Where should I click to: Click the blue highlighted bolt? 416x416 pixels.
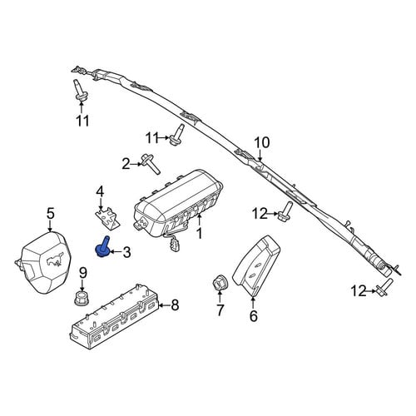pyautogui.click(x=102, y=247)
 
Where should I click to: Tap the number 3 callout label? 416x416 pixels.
pyautogui.click(x=126, y=252)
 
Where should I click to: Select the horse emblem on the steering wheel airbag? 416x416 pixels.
pyautogui.click(x=54, y=260)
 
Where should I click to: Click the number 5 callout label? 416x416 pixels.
pyautogui.click(x=51, y=214)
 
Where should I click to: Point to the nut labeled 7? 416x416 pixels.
pyautogui.click(x=220, y=283)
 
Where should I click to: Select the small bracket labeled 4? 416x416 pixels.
pyautogui.click(x=106, y=219)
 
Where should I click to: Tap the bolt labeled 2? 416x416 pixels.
pyautogui.click(x=151, y=165)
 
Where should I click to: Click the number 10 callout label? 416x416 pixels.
pyautogui.click(x=262, y=143)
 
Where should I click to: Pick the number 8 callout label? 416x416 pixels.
pyautogui.click(x=175, y=305)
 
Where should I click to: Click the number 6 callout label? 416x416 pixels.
pyautogui.click(x=254, y=316)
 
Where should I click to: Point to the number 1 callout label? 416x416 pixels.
pyautogui.click(x=199, y=234)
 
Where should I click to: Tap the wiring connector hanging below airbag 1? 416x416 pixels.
pyautogui.click(x=172, y=245)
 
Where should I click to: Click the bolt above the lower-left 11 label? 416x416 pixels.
pyautogui.click(x=79, y=90)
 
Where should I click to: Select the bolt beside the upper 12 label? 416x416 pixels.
pyautogui.click(x=285, y=212)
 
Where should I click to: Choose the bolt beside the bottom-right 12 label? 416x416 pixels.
pyautogui.click(x=385, y=287)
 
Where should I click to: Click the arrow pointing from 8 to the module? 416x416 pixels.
pyautogui.click(x=165, y=305)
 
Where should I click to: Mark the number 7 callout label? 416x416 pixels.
pyautogui.click(x=220, y=310)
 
